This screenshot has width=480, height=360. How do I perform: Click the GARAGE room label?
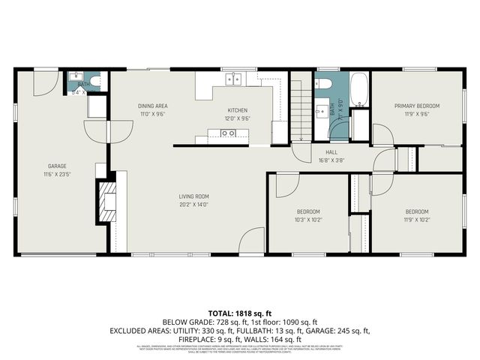(x=58, y=166)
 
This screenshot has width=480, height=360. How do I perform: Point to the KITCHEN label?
(x=237, y=109)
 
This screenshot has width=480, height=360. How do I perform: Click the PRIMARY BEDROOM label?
(x=417, y=106)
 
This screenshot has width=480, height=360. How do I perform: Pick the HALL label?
(x=331, y=152)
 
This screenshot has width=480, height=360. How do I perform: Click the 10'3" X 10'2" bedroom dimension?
(x=307, y=220)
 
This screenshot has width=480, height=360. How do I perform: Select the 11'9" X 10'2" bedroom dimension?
(x=417, y=220)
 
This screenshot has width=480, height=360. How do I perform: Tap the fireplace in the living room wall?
(x=106, y=199)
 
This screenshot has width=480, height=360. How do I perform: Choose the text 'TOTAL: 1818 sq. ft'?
(x=239, y=312)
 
